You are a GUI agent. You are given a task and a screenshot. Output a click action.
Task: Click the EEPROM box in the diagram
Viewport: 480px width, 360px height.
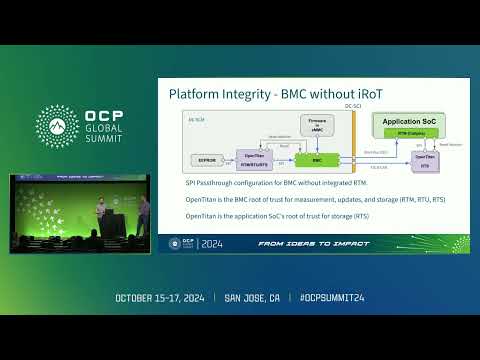coord(205,159)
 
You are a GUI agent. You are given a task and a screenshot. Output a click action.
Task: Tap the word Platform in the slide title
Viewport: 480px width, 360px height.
coord(194,93)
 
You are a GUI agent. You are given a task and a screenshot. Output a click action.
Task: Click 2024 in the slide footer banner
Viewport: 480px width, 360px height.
coord(213,242)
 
